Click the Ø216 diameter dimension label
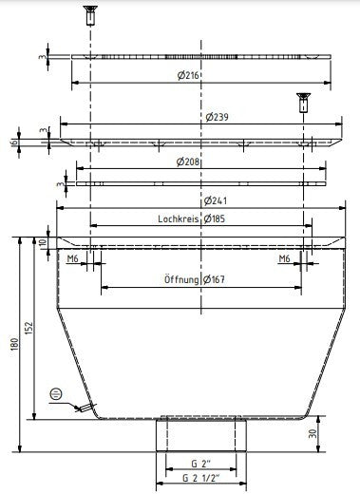pos(188,75)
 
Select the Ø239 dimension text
pos(217,117)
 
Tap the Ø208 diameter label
pos(188,161)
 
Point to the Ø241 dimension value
pos(216,200)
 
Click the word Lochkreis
pos(179,218)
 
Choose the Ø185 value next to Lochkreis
pos(215,218)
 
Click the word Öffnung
pos(181,279)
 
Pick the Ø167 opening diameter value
pos(214,279)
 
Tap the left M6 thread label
pos(73,259)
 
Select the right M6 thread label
pos(284,259)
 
